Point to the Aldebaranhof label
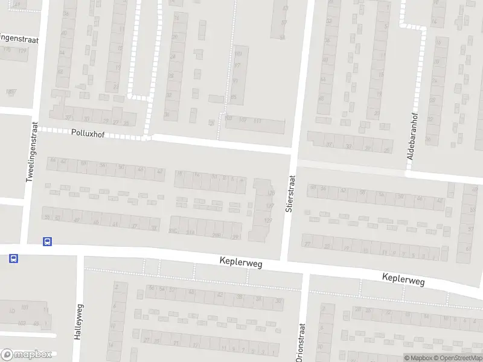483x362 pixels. click(x=414, y=139)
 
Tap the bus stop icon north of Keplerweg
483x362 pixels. click(x=47, y=241)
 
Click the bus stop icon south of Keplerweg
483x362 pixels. click(x=13, y=259)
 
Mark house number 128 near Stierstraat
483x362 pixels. click(x=270, y=193)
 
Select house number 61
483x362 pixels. click(x=469, y=248)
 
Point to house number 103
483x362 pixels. click(x=25, y=308)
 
